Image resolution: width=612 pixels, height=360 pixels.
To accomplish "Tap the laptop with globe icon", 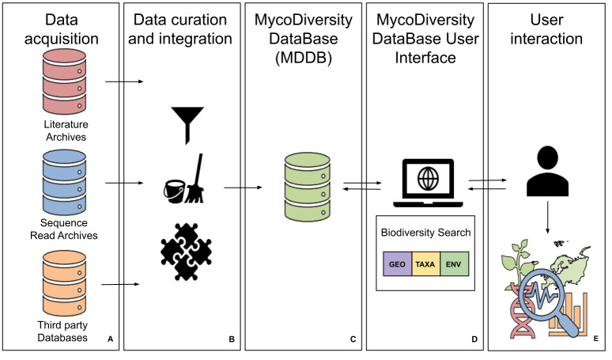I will [x=428, y=183].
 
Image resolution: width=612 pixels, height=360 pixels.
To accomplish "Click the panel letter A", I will [x=111, y=339].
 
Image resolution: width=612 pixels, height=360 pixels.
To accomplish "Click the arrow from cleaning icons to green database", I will [x=243, y=188].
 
